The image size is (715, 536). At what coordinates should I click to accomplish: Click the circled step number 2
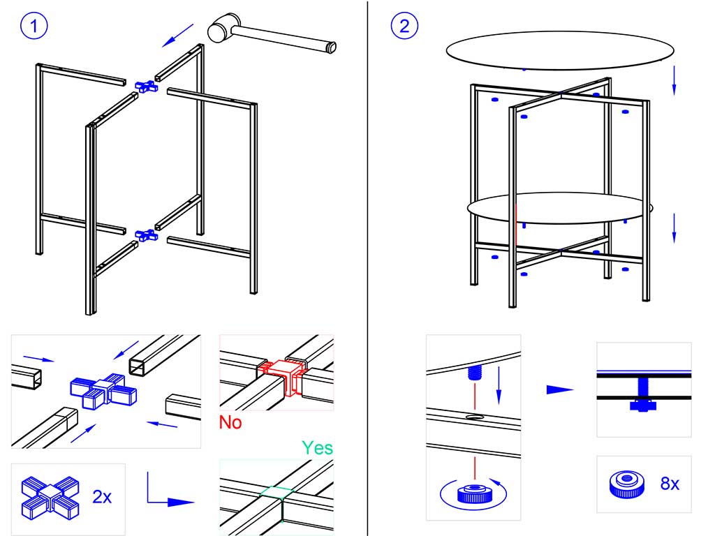pyautogui.click(x=406, y=27)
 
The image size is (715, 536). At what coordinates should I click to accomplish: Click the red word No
pyautogui.click(x=230, y=422)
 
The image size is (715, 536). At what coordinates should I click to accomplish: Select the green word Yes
pyautogui.click(x=317, y=447)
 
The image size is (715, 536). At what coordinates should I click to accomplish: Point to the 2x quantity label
pyautogui.click(x=102, y=497)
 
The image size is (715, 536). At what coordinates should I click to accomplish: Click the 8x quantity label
pyautogui.click(x=670, y=483)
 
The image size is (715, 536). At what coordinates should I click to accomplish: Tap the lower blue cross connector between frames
pyautogui.click(x=147, y=235)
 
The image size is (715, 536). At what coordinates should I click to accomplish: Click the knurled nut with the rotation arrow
pyautogui.click(x=475, y=494)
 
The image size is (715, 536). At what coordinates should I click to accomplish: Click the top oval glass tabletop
pyautogui.click(x=561, y=52)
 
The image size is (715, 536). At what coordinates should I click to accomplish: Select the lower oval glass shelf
pyautogui.click(x=556, y=208)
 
